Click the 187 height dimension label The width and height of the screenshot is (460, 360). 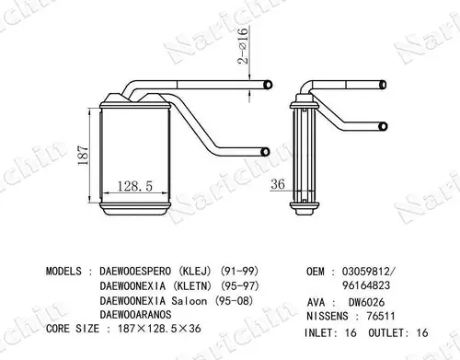(x=84, y=156)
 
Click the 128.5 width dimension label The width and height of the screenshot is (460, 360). (x=135, y=186)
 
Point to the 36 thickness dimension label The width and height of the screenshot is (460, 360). (x=278, y=184)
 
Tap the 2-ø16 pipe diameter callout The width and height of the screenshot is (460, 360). (x=242, y=45)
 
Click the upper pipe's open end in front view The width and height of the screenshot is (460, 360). (x=268, y=85)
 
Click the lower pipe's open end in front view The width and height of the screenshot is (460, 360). (x=265, y=152)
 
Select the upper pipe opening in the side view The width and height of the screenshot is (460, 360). (x=383, y=85)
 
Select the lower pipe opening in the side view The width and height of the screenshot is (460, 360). (x=383, y=126)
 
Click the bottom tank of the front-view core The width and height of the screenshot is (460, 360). (x=135, y=209)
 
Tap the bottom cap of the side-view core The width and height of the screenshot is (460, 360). (x=305, y=209)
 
